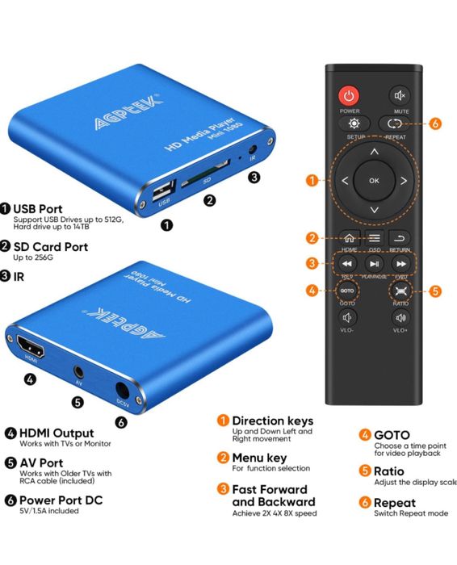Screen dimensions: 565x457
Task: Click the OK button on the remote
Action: [x=374, y=181]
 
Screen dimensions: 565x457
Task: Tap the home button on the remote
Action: [x=348, y=237]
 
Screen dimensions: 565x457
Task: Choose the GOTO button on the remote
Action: [x=346, y=290]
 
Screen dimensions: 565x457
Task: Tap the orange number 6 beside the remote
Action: [x=435, y=123]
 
